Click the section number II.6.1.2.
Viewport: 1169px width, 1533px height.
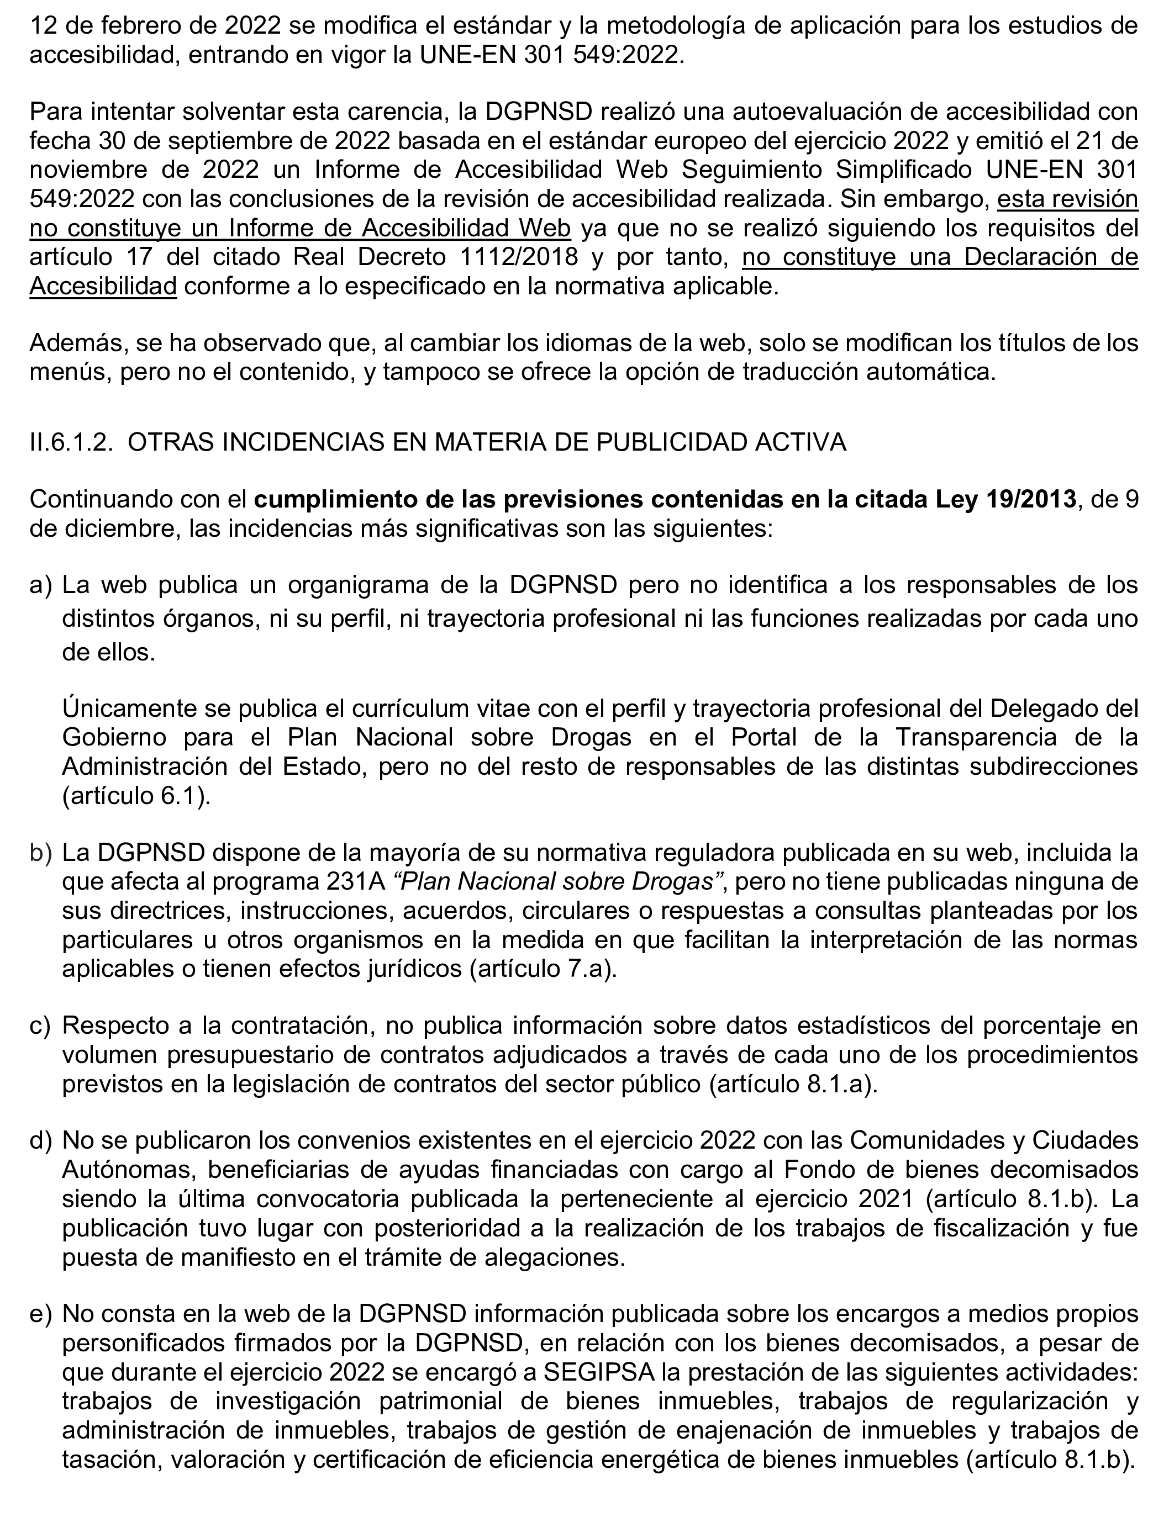(71, 443)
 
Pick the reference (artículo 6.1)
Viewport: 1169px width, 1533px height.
(136, 796)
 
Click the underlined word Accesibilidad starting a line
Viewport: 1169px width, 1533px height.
(103, 287)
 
